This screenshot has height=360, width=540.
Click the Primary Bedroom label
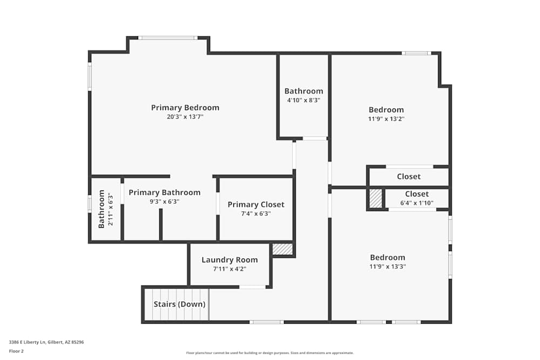pyautogui.click(x=185, y=107)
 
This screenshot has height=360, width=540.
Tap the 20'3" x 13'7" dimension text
pyautogui.click(x=185, y=117)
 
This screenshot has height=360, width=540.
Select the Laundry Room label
pyautogui.click(x=230, y=260)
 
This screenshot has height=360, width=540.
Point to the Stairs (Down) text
pyautogui.click(x=179, y=304)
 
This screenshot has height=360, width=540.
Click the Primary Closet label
pyautogui.click(x=255, y=205)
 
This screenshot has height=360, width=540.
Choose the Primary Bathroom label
pyautogui.click(x=164, y=193)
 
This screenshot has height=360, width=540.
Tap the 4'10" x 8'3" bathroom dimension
pyautogui.click(x=303, y=100)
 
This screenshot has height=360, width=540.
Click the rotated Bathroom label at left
pyautogui.click(x=102, y=209)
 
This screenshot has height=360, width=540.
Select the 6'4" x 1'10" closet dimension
pyautogui.click(x=417, y=203)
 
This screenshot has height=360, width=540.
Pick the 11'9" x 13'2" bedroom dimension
pyautogui.click(x=386, y=119)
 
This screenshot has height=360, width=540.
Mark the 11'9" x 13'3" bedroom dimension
pyautogui.click(x=387, y=266)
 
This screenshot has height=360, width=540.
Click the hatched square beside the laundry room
pyautogui.click(x=282, y=249)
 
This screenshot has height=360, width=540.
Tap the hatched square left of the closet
pyautogui.click(x=375, y=198)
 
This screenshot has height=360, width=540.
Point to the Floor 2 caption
pyautogui.click(x=16, y=351)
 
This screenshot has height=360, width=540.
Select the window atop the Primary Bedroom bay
pyautogui.click(x=167, y=38)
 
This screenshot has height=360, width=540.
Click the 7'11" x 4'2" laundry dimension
pyautogui.click(x=230, y=269)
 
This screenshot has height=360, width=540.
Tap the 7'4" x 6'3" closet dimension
pyautogui.click(x=255, y=214)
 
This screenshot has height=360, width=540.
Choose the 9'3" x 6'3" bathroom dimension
pyautogui.click(x=164, y=202)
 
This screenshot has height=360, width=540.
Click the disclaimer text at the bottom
pyautogui.click(x=270, y=353)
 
